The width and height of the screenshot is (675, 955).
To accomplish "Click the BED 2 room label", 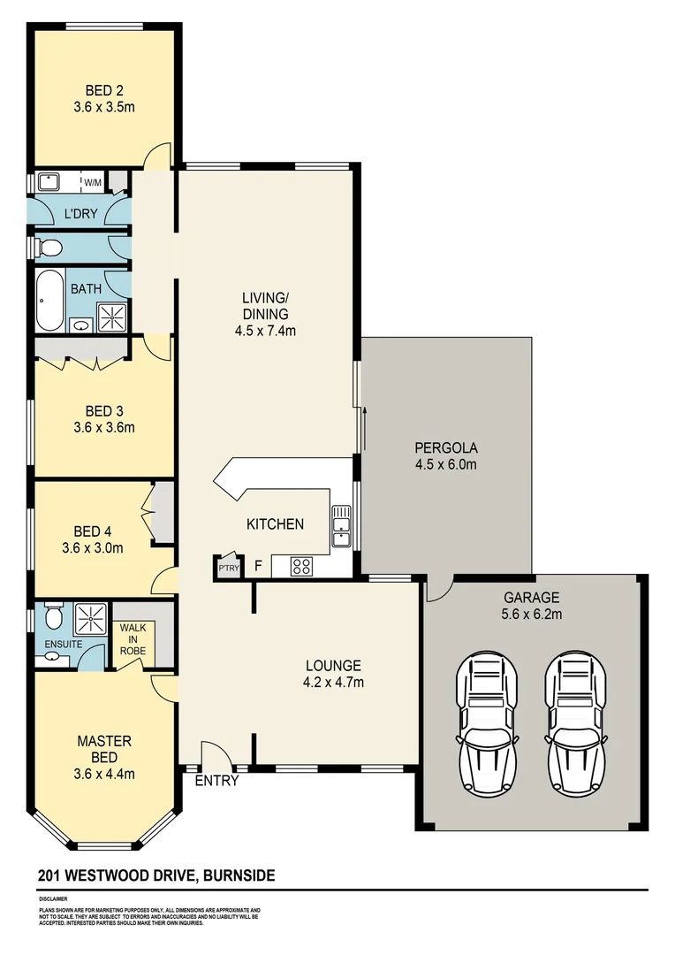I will coord(103,90).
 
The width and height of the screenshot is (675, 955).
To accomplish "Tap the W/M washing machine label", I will coord(93,183).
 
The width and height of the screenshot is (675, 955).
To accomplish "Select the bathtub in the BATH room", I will coord(49,300).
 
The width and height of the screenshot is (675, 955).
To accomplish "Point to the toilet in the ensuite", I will coord(53,615).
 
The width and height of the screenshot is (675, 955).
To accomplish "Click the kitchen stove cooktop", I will coord(301,566).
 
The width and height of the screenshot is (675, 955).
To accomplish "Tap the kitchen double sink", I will coord(341,527).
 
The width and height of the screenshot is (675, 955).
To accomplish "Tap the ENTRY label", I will coord(216,781).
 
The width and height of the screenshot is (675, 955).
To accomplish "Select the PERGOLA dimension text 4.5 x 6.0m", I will coord(446,465).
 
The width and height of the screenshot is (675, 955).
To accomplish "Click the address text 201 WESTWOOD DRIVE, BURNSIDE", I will coord(156,876).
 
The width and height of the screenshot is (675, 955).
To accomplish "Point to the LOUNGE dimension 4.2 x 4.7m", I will coord(334,682).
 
